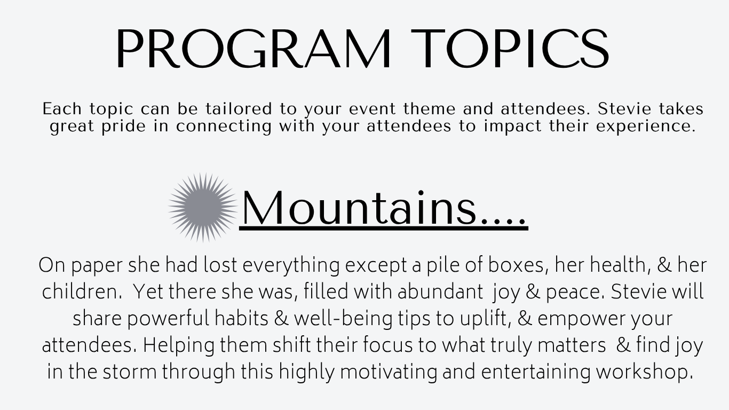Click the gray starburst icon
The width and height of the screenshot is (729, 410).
click(203, 208)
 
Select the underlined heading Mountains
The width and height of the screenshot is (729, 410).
click(384, 208)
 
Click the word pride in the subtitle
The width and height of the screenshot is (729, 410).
click(123, 127)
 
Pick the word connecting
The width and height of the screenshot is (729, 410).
click(224, 127)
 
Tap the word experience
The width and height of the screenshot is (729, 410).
click(646, 127)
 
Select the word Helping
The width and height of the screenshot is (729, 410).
click(179, 345)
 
